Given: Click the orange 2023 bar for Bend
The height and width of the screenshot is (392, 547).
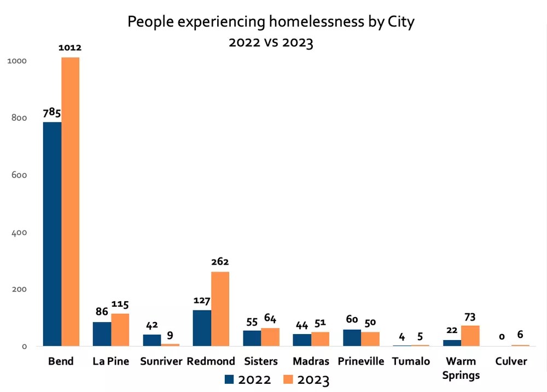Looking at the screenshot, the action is tap(71, 202).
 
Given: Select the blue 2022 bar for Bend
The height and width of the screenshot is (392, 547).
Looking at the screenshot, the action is tap(53, 234).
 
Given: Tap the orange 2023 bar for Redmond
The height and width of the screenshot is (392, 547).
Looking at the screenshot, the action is tap(220, 309).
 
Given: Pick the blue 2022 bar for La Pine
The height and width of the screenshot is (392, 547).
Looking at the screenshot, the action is tap(102, 334).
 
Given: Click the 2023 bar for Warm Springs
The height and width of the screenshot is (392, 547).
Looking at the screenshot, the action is tap(470, 336).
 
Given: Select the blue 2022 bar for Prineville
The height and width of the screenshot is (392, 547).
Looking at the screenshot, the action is tap(352, 337).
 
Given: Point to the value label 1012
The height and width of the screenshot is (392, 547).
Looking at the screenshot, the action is tap(70, 48).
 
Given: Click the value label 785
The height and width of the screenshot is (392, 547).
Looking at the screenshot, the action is tap(52, 113).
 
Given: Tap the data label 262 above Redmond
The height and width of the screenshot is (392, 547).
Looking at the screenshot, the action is tap(220, 261).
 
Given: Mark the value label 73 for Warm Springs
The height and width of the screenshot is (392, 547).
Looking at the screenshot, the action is tap(470, 317).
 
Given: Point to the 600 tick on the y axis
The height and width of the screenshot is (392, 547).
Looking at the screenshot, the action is tap(19, 175).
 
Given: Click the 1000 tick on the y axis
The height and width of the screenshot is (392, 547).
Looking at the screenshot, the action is tap(17, 61).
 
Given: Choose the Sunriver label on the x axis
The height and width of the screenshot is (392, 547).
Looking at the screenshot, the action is tap(161, 361).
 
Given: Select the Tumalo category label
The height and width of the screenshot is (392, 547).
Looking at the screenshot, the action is tap(411, 361).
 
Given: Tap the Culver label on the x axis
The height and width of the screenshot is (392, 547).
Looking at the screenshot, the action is tap(511, 361).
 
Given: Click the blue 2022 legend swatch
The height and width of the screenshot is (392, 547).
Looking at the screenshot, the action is tap(229, 379).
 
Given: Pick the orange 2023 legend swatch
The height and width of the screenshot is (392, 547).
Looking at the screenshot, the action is tap(288, 379).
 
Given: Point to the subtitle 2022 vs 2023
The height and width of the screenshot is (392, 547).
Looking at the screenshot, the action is tap(271, 43).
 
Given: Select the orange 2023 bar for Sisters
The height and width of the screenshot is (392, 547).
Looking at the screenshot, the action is tap(270, 337).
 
